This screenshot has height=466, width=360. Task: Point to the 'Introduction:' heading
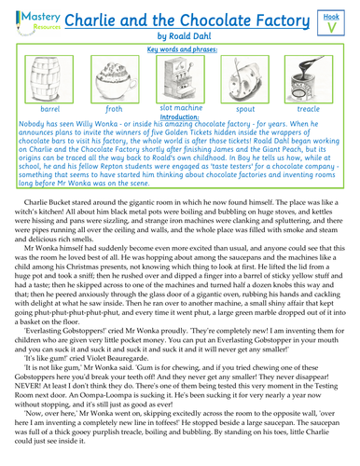(x=180, y=117)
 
